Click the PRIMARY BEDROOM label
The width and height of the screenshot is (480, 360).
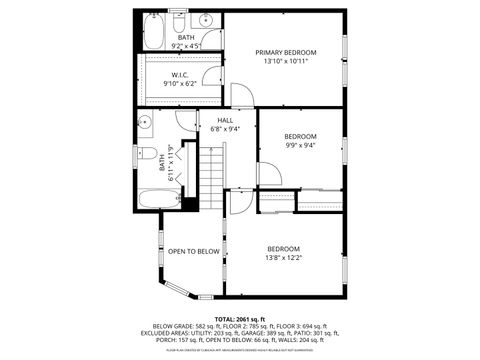[285, 52]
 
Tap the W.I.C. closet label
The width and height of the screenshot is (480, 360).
[180, 75]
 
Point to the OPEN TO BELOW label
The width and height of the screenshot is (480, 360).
[193, 251]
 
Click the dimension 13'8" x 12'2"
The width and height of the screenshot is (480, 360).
[283, 258]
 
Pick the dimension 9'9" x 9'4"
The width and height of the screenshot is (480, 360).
[300, 145]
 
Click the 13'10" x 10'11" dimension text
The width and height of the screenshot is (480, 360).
[285, 62]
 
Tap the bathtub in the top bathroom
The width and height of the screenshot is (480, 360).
[154, 33]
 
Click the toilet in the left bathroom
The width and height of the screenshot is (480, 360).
[147, 155]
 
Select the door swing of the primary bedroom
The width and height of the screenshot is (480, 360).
[243, 95]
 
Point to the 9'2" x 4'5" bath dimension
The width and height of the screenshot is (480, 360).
[186, 46]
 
